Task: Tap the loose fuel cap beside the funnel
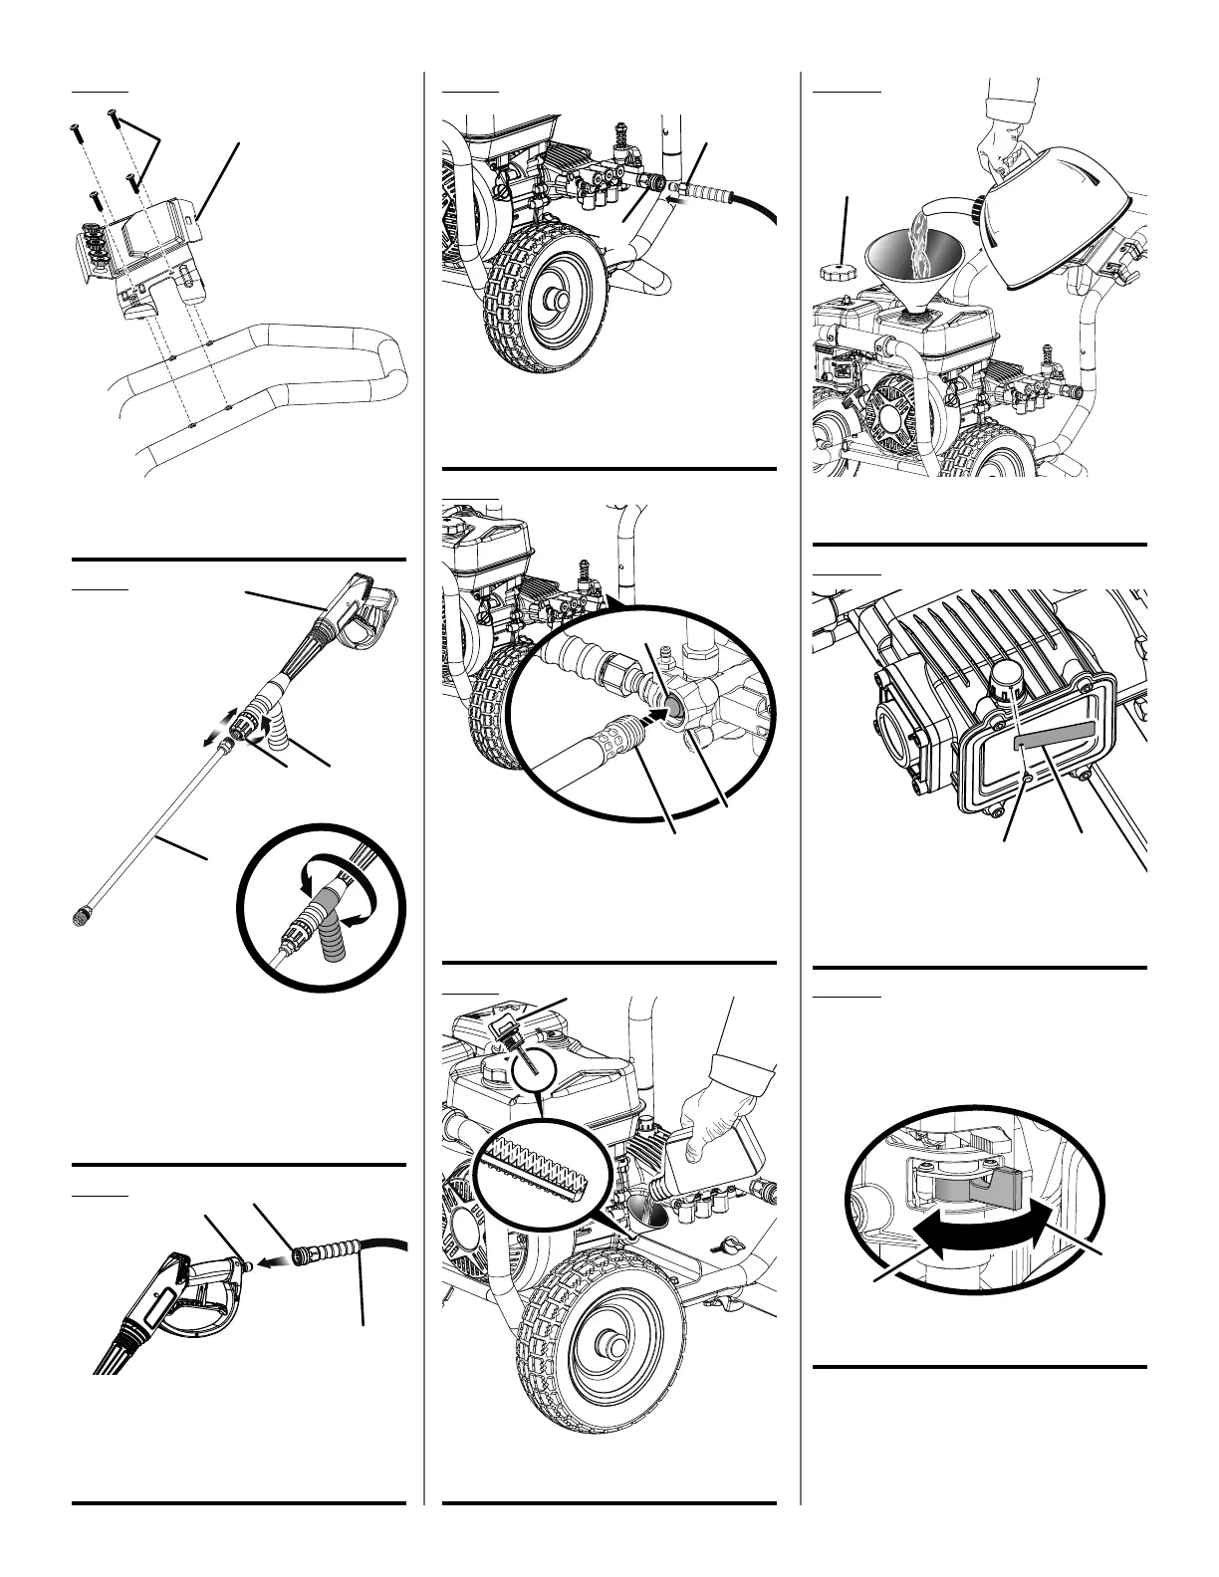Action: pos(834,271)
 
